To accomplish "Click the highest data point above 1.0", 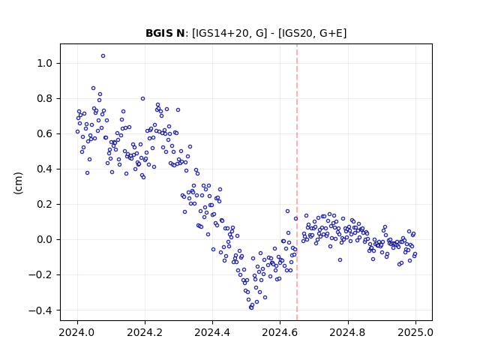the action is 103,56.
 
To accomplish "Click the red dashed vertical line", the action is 297,182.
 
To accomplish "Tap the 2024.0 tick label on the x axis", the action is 77,332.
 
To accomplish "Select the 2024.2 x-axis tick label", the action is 145,332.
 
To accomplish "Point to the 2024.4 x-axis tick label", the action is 212,332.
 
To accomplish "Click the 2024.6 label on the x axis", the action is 280,332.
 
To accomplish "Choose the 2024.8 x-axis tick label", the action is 347,332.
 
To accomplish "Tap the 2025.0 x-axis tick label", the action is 415,332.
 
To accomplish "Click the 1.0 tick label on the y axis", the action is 45,63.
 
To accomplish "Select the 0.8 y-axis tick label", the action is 45,98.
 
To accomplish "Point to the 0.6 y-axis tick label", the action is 45,133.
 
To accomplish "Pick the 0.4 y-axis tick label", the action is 45,169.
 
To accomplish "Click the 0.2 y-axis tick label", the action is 45,204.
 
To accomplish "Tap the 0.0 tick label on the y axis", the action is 45,239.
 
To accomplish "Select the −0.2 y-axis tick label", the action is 40,275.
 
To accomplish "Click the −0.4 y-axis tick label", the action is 40,310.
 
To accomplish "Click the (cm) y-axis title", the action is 18,183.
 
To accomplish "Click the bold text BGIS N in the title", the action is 165,33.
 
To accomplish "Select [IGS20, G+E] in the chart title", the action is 312,33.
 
